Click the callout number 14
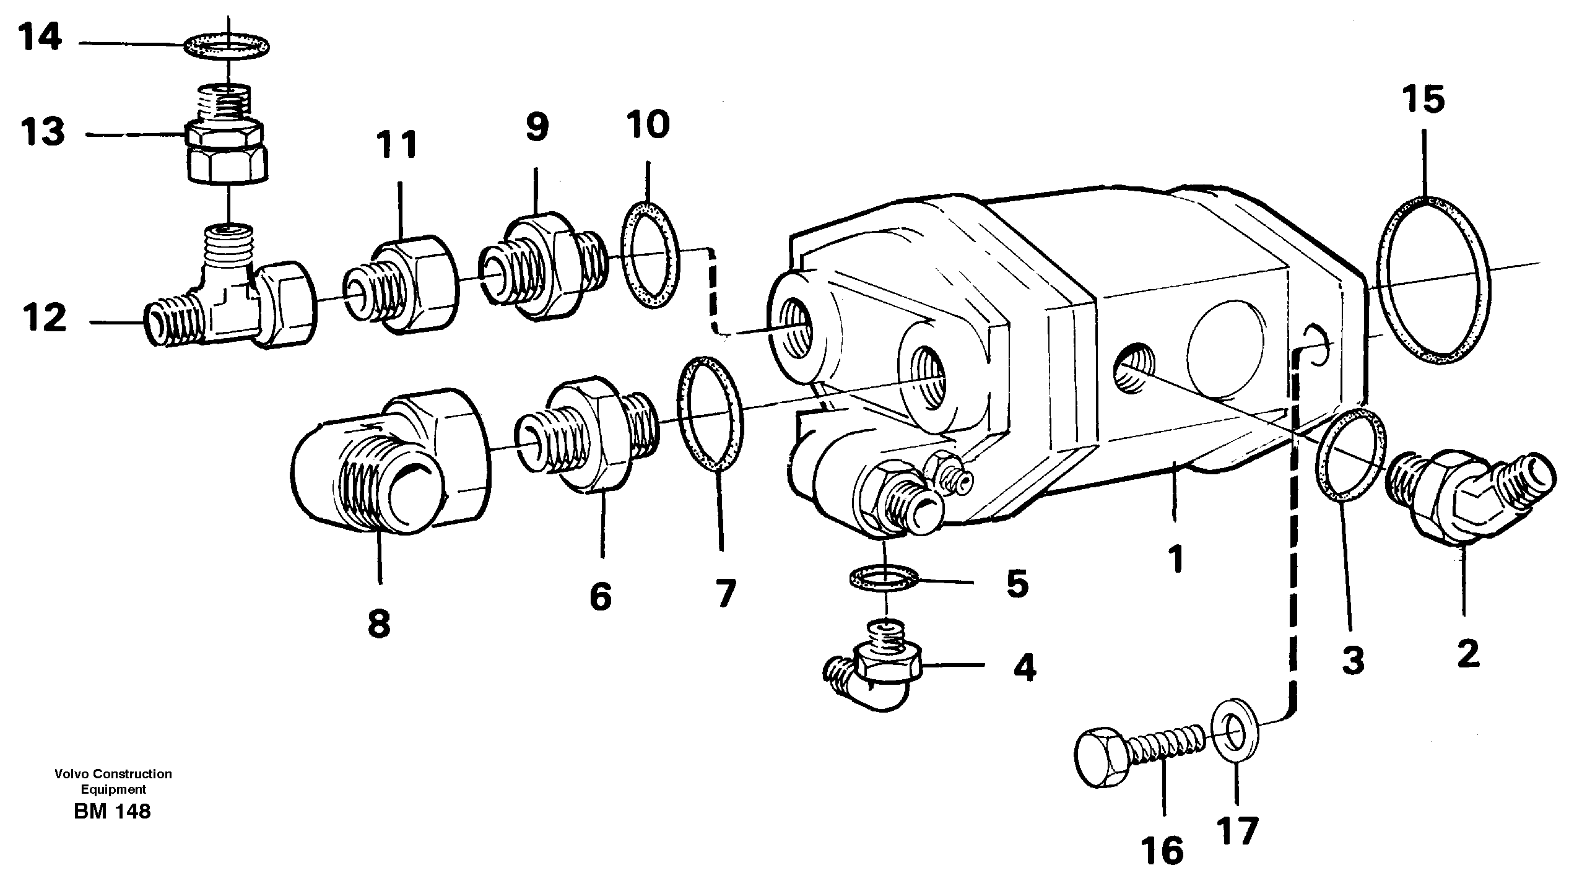pyautogui.click(x=40, y=38)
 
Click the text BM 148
pyautogui.click(x=112, y=812)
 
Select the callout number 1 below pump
pyautogui.click(x=1175, y=559)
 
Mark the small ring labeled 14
pyautogui.click(x=228, y=45)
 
